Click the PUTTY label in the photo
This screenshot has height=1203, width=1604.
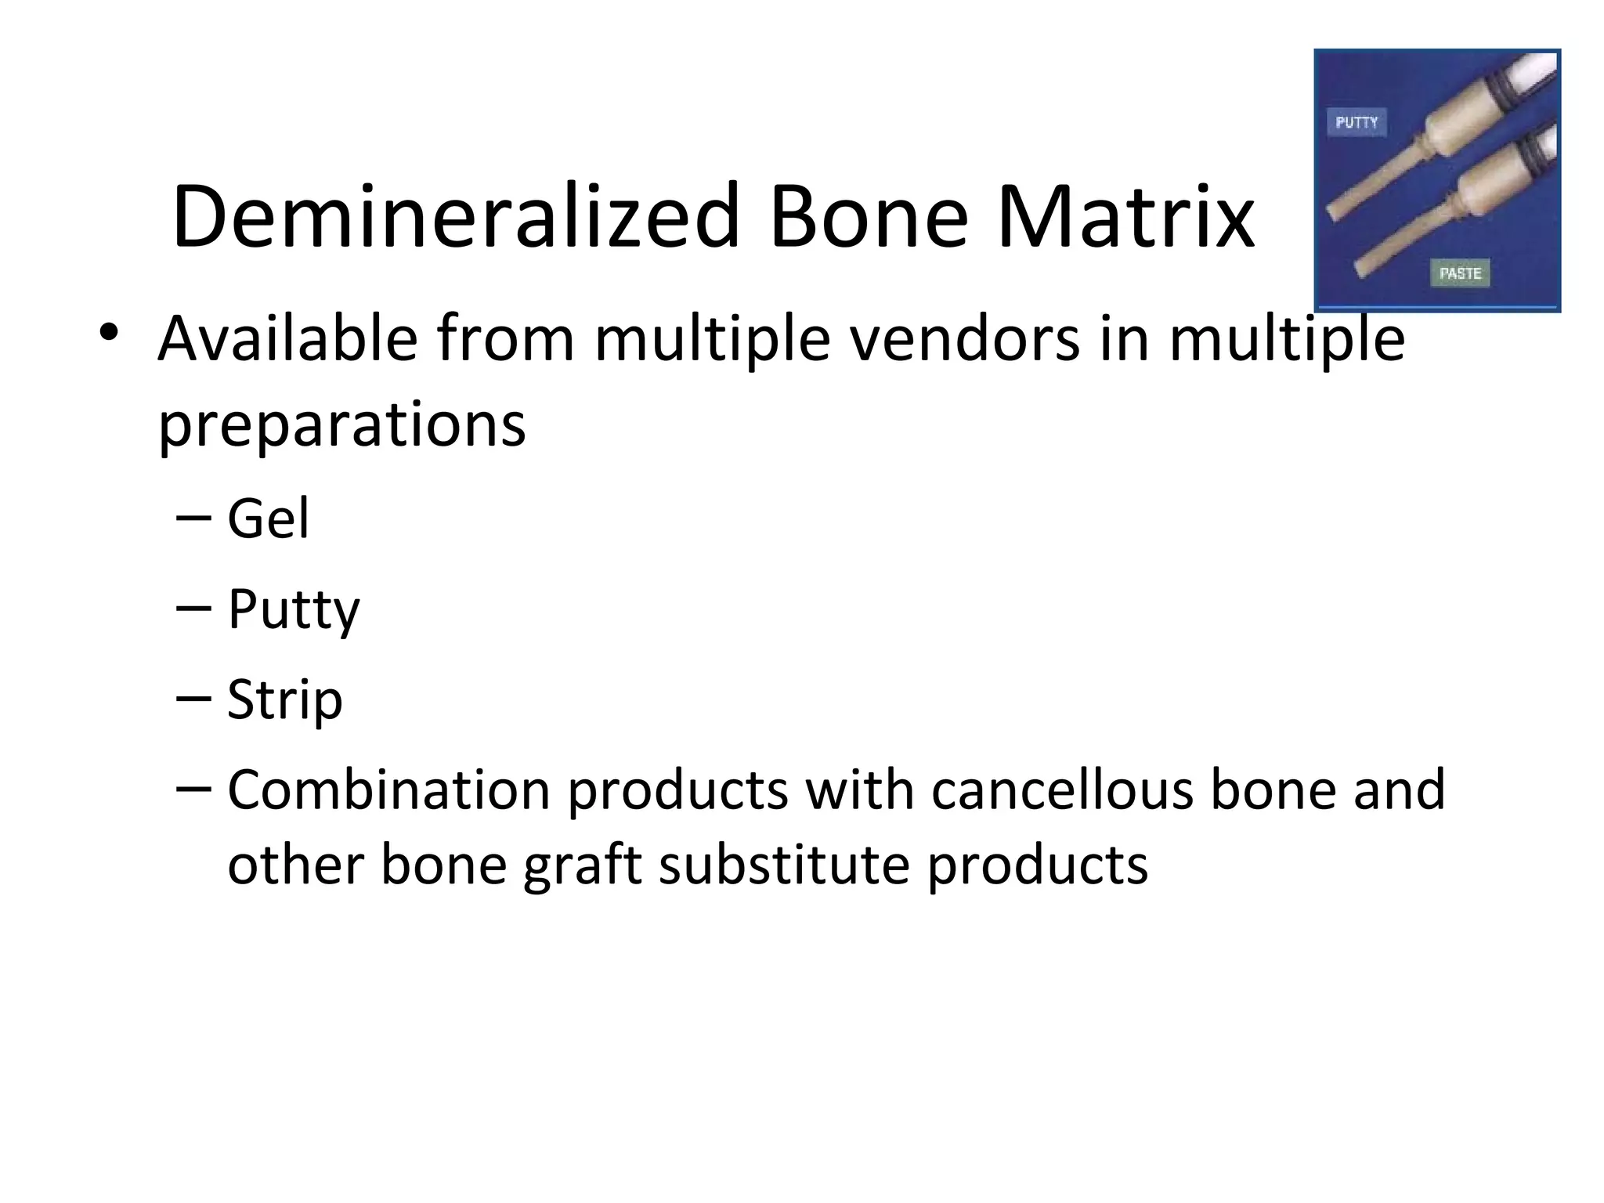coord(1357,122)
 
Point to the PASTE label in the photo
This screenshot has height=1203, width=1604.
coord(1460,273)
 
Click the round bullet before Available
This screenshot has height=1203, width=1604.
coord(109,333)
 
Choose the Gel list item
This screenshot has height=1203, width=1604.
coord(268,518)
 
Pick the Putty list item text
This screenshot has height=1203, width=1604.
coord(293,610)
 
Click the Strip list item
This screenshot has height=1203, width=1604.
coord(284,699)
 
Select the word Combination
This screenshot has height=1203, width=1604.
coord(388,789)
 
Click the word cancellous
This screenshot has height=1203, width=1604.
coord(1062,789)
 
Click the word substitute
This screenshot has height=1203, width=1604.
coord(784,865)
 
